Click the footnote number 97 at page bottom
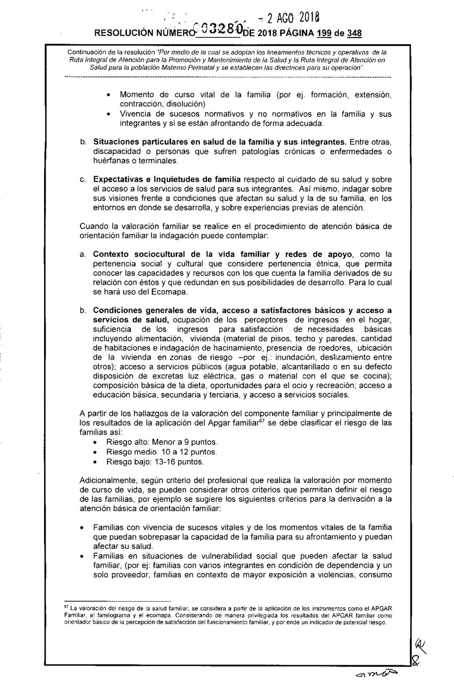click(65, 606)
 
